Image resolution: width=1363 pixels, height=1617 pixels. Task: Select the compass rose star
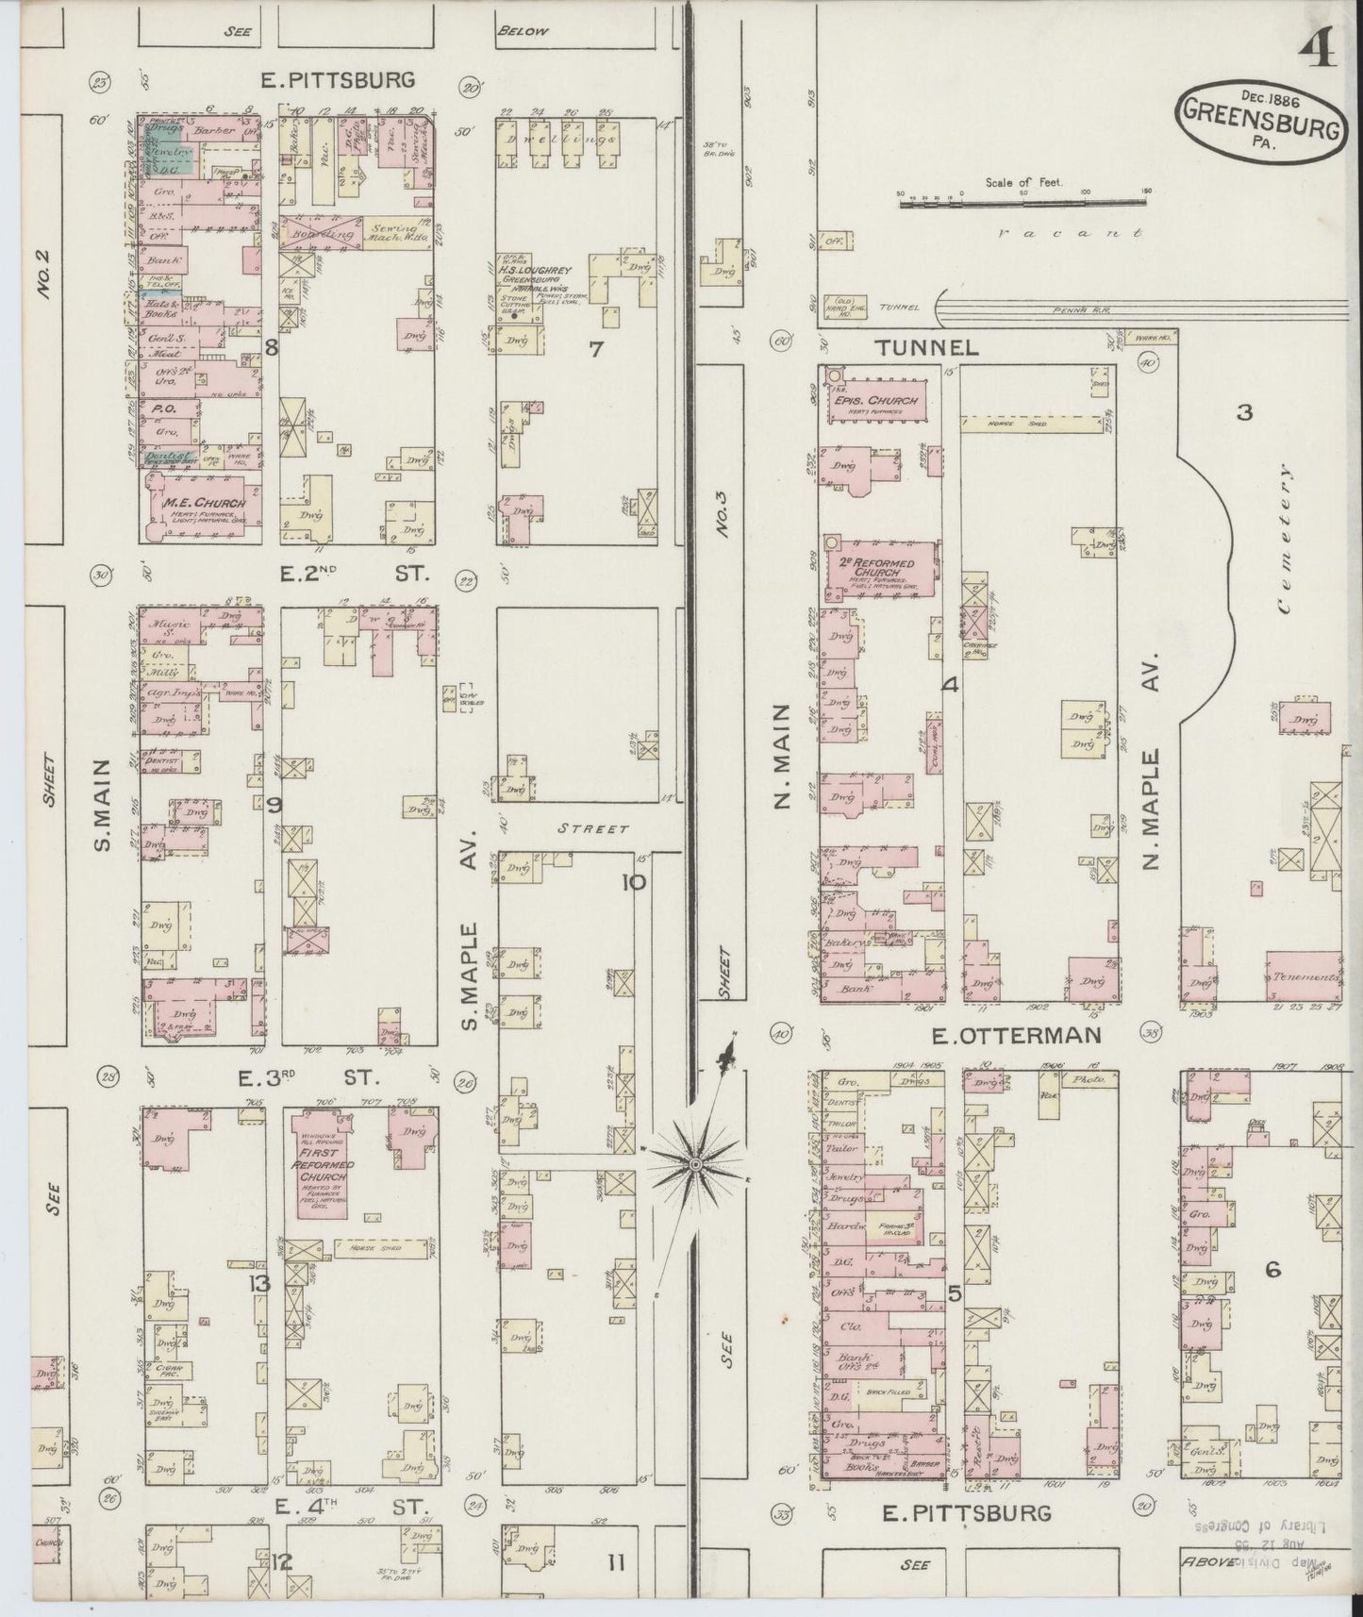click(x=694, y=1164)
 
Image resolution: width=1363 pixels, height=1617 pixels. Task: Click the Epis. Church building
click(x=877, y=400)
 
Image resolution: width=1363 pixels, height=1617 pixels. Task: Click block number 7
click(x=595, y=349)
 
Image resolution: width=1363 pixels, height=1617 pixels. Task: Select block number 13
click(x=259, y=1282)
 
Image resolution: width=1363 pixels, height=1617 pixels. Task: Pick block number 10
click(x=633, y=883)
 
